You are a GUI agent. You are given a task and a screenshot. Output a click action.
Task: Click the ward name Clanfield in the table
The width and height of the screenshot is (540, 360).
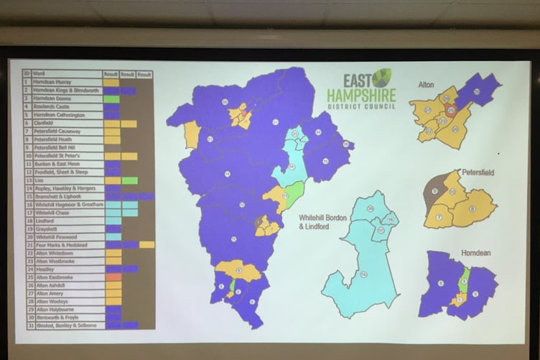(x=43, y=124)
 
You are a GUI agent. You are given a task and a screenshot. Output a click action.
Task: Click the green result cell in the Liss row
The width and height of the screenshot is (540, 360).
(x=129, y=180)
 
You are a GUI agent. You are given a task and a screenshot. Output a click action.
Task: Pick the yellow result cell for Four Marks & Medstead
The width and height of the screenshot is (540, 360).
(x=146, y=244)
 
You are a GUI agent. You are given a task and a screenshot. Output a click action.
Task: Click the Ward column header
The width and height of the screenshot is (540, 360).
(x=39, y=74)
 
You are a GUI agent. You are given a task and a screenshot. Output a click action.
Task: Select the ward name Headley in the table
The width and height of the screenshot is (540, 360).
(x=42, y=268)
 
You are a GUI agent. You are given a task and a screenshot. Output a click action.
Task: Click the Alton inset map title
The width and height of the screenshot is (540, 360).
(x=427, y=84)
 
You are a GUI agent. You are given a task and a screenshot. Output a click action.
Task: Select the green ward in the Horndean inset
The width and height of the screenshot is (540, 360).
(x=464, y=277)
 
